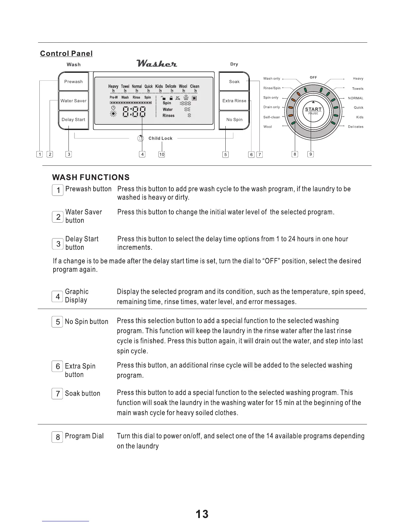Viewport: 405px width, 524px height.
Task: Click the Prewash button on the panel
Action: [x=73, y=82]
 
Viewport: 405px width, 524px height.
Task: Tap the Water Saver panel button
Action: [x=73, y=101]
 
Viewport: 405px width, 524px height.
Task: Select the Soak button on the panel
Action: [x=234, y=82]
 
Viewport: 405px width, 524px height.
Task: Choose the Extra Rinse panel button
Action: [x=234, y=101]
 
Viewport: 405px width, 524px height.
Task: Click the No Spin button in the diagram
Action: [x=234, y=120]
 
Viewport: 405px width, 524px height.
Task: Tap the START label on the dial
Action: [x=313, y=109]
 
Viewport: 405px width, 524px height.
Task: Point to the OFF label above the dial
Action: [x=313, y=77]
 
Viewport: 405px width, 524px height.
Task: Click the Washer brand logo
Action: [x=157, y=63]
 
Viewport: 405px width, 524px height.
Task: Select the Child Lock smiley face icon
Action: [x=141, y=139]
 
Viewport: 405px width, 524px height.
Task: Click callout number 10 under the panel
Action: [x=161, y=154]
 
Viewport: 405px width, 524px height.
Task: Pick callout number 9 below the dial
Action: [x=310, y=154]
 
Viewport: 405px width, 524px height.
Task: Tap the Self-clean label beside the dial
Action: [x=272, y=117]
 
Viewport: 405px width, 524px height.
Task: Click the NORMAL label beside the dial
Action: [x=356, y=98]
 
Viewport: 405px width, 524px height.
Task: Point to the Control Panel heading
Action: [x=66, y=54]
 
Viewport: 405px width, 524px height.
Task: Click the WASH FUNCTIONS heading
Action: [x=91, y=177]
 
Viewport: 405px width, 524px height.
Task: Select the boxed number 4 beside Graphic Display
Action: [x=58, y=296]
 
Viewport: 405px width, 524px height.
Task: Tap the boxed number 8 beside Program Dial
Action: [x=58, y=437]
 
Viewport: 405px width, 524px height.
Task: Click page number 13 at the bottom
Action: [x=202, y=514]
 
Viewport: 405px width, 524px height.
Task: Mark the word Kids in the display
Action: [x=159, y=86]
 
